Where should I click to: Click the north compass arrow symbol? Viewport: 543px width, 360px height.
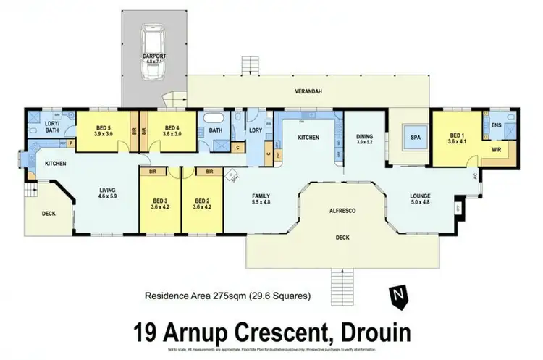coord(397,295)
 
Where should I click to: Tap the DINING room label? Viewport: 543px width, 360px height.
coord(363,137)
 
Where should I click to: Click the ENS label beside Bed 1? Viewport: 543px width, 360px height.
coord(497,125)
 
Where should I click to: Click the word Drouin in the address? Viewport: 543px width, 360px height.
coord(366,332)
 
